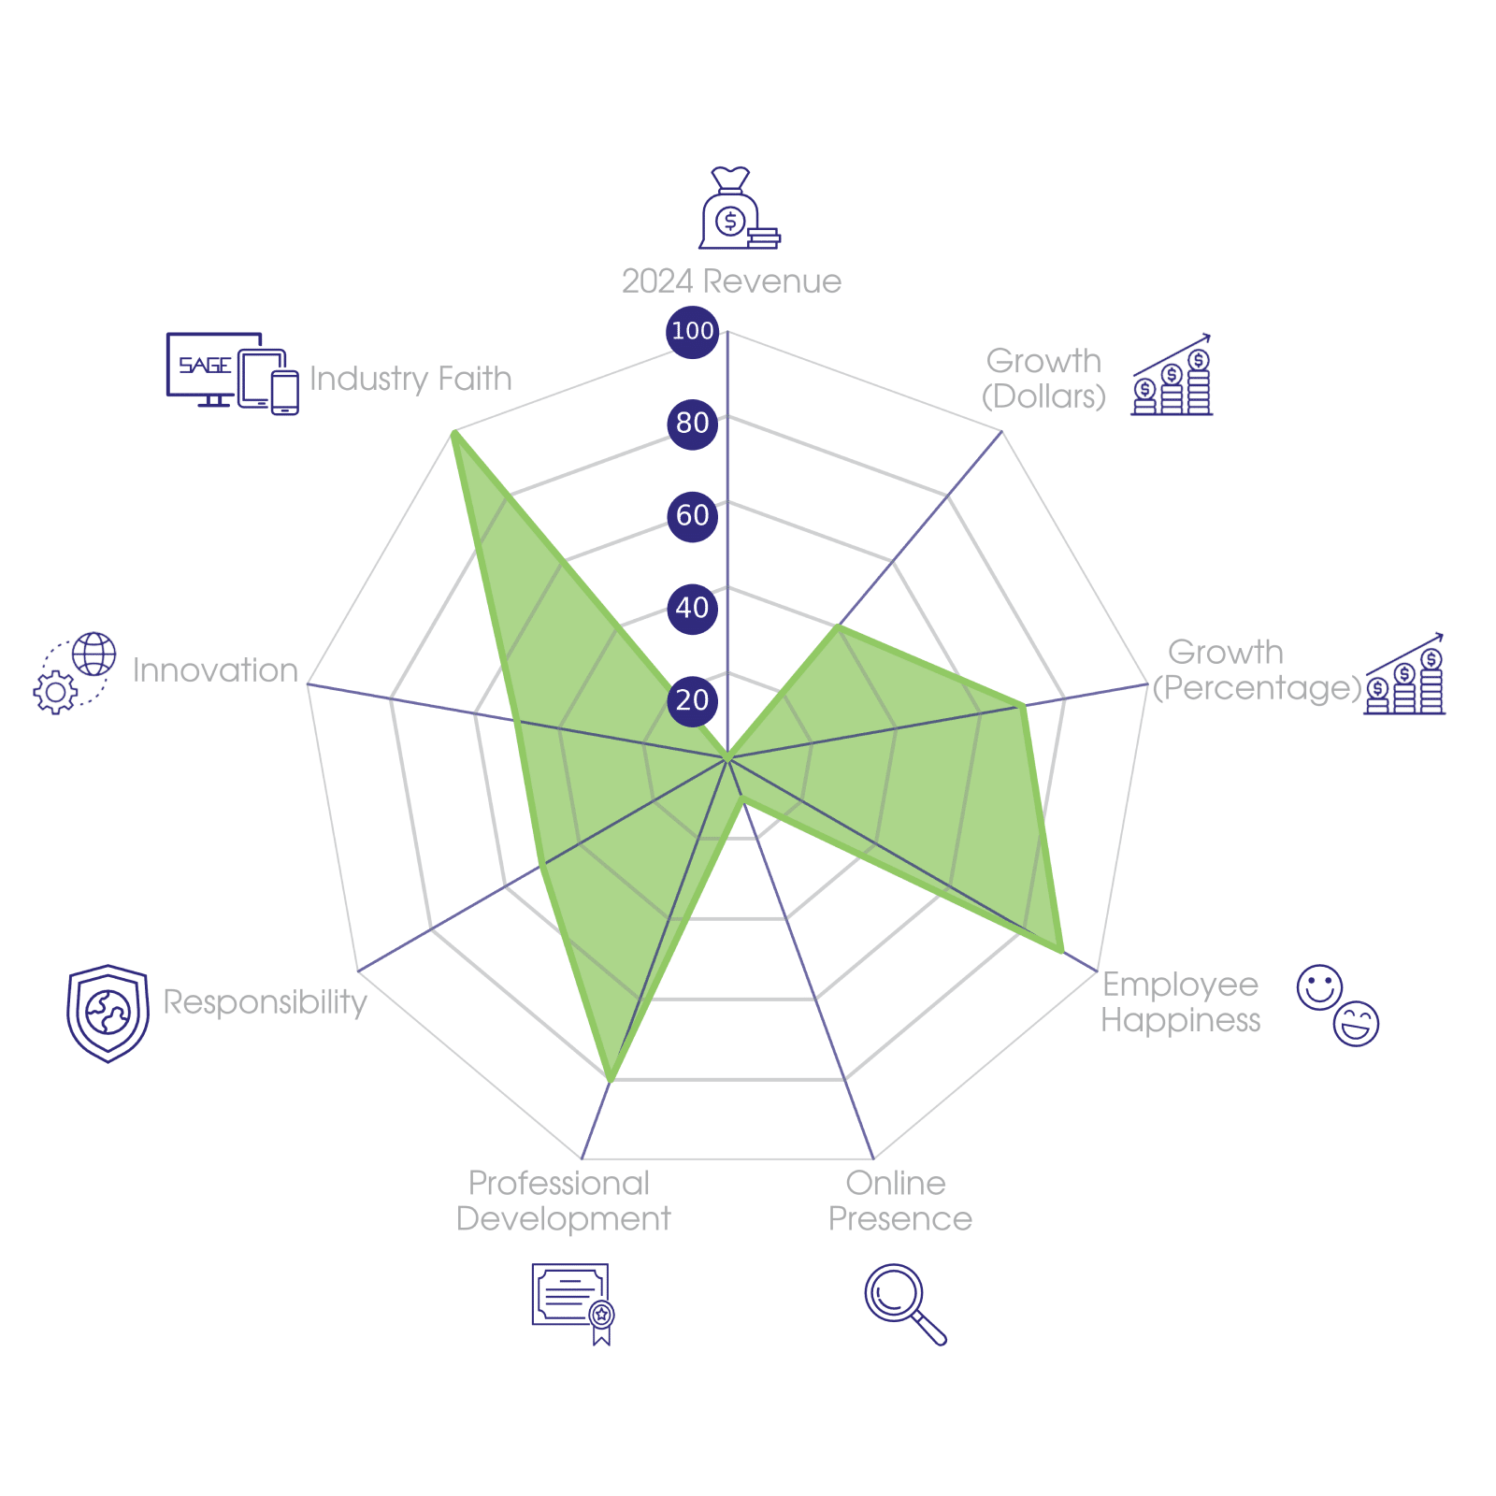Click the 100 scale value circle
[x=692, y=331]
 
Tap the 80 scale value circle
[x=692, y=423]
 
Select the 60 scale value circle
[x=692, y=515]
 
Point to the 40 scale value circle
[x=692, y=608]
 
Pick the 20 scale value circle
[x=692, y=700]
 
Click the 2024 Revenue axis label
[x=731, y=281]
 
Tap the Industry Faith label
[x=410, y=379]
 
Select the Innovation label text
[x=215, y=670]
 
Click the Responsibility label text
[x=266, y=1002]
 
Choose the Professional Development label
[x=563, y=1201]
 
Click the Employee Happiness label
[x=1181, y=1002]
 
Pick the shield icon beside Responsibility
[x=108, y=1014]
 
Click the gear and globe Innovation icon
[x=75, y=673]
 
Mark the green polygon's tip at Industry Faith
[x=453, y=432]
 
